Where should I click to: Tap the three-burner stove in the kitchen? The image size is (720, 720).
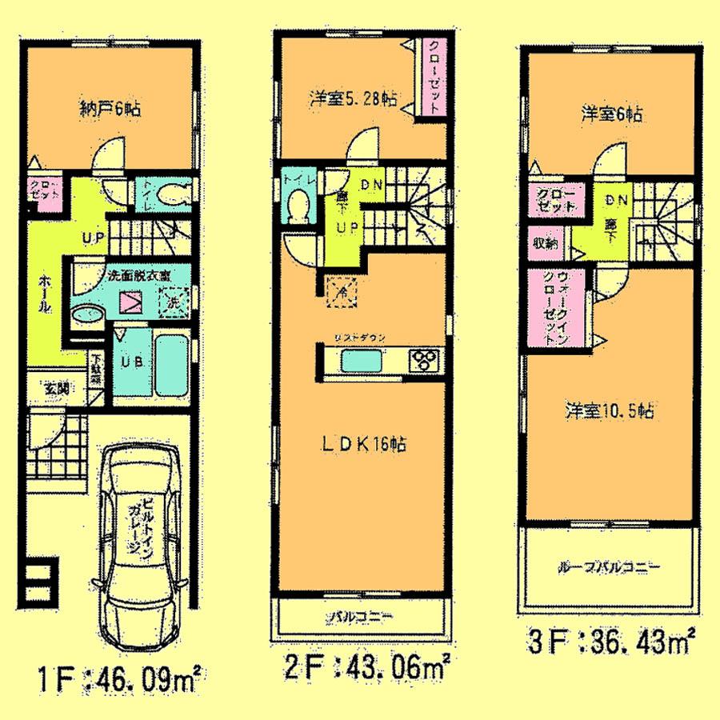(x=424, y=359)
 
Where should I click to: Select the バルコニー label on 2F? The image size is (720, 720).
(x=360, y=617)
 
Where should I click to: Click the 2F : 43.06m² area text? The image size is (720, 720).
(x=367, y=663)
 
